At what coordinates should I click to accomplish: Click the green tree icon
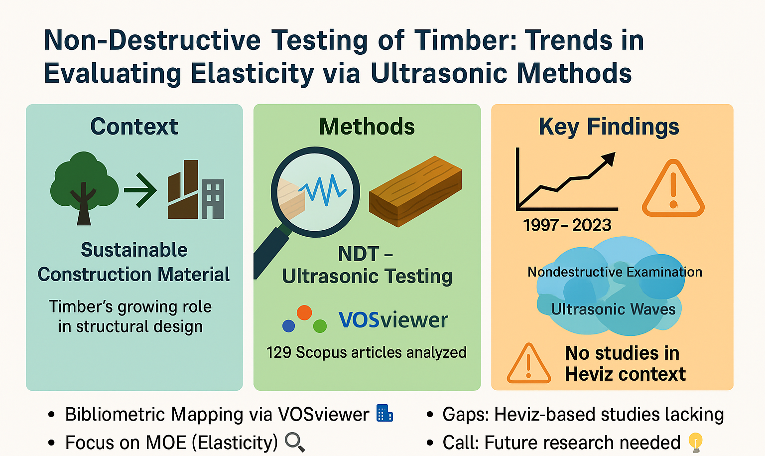pyautogui.click(x=84, y=188)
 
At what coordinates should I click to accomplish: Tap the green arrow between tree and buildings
pyautogui.click(x=140, y=190)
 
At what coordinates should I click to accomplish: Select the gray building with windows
pyautogui.click(x=213, y=199)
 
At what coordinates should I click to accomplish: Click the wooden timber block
pyautogui.click(x=416, y=191)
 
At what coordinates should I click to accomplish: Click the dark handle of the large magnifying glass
pyautogui.click(x=271, y=252)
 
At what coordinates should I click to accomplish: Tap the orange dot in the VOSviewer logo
pyautogui.click(x=304, y=312)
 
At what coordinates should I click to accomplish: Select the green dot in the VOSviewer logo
pyautogui.click(x=320, y=326)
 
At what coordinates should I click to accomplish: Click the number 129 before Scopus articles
pyautogui.click(x=278, y=352)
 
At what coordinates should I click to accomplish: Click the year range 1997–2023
pyautogui.click(x=567, y=225)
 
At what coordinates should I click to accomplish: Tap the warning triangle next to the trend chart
pyautogui.click(x=673, y=188)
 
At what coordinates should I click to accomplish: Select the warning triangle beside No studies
pyautogui.click(x=528, y=363)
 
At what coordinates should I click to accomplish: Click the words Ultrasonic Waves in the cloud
pyautogui.click(x=613, y=309)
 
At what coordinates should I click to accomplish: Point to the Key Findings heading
pyautogui.click(x=609, y=127)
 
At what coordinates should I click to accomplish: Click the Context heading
pyautogui.click(x=134, y=127)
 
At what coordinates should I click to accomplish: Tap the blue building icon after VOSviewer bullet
pyautogui.click(x=384, y=413)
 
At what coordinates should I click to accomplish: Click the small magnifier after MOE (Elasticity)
pyautogui.click(x=295, y=443)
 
